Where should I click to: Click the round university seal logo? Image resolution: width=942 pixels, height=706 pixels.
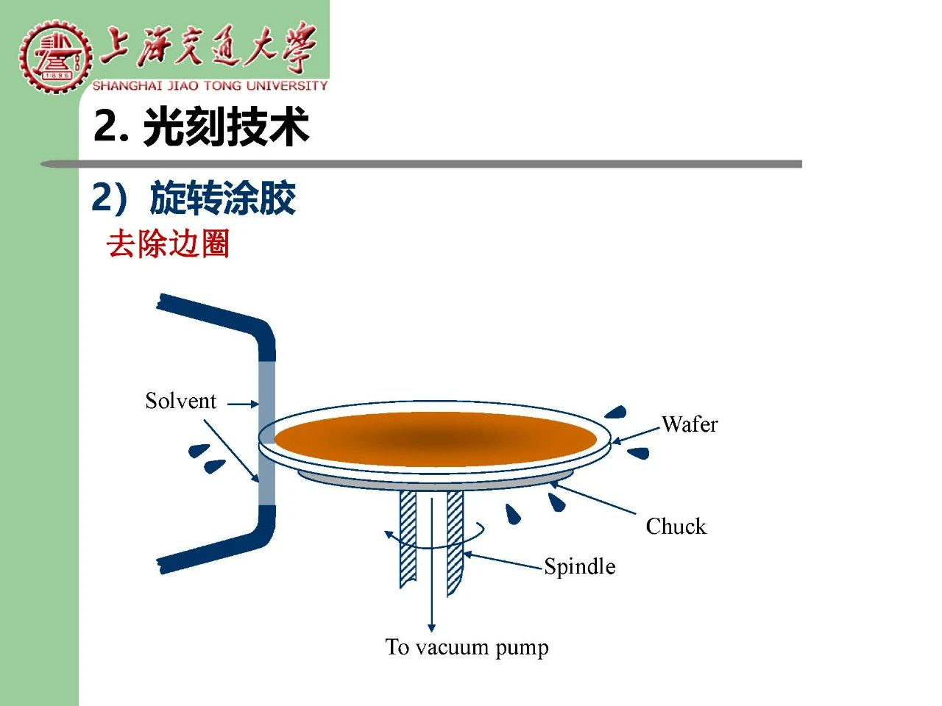pyautogui.click(x=56, y=57)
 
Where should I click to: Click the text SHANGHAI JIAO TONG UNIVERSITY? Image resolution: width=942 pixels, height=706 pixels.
pyautogui.click(x=210, y=86)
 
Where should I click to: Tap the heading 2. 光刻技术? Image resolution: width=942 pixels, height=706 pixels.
pyautogui.click(x=201, y=126)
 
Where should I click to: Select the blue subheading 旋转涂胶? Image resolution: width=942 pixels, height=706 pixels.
pyautogui.click(x=223, y=198)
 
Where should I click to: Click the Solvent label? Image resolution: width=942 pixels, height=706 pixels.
pyautogui.click(x=181, y=402)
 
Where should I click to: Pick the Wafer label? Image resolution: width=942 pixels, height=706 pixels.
pyautogui.click(x=690, y=424)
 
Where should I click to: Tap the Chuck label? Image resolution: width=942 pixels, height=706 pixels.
pyautogui.click(x=676, y=526)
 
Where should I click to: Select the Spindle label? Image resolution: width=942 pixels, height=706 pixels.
pyautogui.click(x=580, y=566)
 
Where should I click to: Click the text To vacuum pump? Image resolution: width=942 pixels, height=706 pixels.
pyautogui.click(x=467, y=649)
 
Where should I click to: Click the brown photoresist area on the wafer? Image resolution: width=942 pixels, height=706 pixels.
pyautogui.click(x=435, y=439)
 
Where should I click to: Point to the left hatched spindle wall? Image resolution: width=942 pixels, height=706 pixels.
pyautogui.click(x=408, y=538)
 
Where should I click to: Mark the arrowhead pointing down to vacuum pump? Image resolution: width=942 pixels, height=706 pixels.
pyautogui.click(x=432, y=627)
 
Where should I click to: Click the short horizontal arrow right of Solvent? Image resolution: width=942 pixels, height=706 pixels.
pyautogui.click(x=243, y=404)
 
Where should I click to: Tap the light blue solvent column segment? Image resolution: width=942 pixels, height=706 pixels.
pyautogui.click(x=266, y=433)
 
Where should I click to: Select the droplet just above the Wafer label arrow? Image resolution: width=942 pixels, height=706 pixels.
pyautogui.click(x=616, y=412)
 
